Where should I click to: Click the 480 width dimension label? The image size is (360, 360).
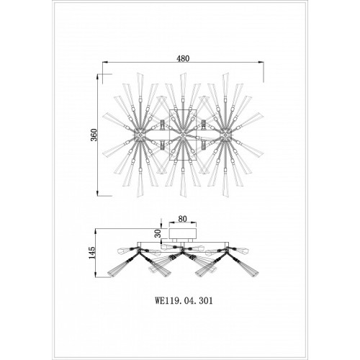pyautogui.click(x=183, y=58)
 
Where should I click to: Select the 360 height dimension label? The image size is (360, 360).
pyautogui.click(x=94, y=135)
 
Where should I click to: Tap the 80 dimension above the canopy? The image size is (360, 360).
pyautogui.click(x=183, y=219)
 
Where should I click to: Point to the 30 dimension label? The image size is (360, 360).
pyautogui.click(x=158, y=233)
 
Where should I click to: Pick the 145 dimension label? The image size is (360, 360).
pyautogui.click(x=92, y=253)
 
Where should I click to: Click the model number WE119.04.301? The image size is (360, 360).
pyautogui.click(x=184, y=301)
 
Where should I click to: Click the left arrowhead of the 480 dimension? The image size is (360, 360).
pyautogui.click(x=104, y=62)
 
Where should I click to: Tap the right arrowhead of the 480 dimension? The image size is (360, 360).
pyautogui.click(x=262, y=62)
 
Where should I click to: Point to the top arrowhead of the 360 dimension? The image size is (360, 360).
pyautogui.click(x=98, y=76)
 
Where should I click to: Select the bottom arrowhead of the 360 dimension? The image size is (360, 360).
pyautogui.click(x=98, y=194)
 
